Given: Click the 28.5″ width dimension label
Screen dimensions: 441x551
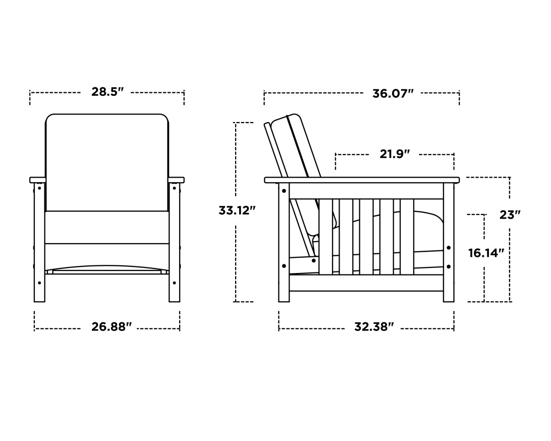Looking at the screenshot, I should pyautogui.click(x=107, y=92).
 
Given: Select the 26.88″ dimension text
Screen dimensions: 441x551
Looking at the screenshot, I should pyautogui.click(x=111, y=327).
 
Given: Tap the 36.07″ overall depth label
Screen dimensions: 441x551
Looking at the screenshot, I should pyautogui.click(x=393, y=94).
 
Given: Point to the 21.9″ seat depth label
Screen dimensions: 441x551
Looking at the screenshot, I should pyautogui.click(x=394, y=154).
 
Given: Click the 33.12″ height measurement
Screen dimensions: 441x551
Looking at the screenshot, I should pyautogui.click(x=234, y=210).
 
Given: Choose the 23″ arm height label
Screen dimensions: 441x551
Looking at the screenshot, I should pyautogui.click(x=510, y=214).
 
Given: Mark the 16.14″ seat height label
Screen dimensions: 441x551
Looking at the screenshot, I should pyautogui.click(x=486, y=253).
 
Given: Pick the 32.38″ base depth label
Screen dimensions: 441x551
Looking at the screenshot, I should pyautogui.click(x=373, y=327).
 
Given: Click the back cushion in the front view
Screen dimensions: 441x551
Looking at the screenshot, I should pyautogui.click(x=107, y=161).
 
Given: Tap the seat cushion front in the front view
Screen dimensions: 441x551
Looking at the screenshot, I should pyautogui.click(x=107, y=227).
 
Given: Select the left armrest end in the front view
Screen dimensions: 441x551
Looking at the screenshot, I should pyautogui.click(x=37, y=180).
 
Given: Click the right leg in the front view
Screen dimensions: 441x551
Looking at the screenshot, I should pyautogui.click(x=174, y=242).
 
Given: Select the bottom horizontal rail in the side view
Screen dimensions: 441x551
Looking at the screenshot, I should pyautogui.click(x=366, y=283).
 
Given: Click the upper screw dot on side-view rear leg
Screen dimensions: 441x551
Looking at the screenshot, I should pyautogui.click(x=284, y=191).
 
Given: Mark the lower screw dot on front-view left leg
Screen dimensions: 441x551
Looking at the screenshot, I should pyautogui.click(x=39, y=283).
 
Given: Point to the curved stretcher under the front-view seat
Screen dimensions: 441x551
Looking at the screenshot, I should pyautogui.click(x=107, y=267).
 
